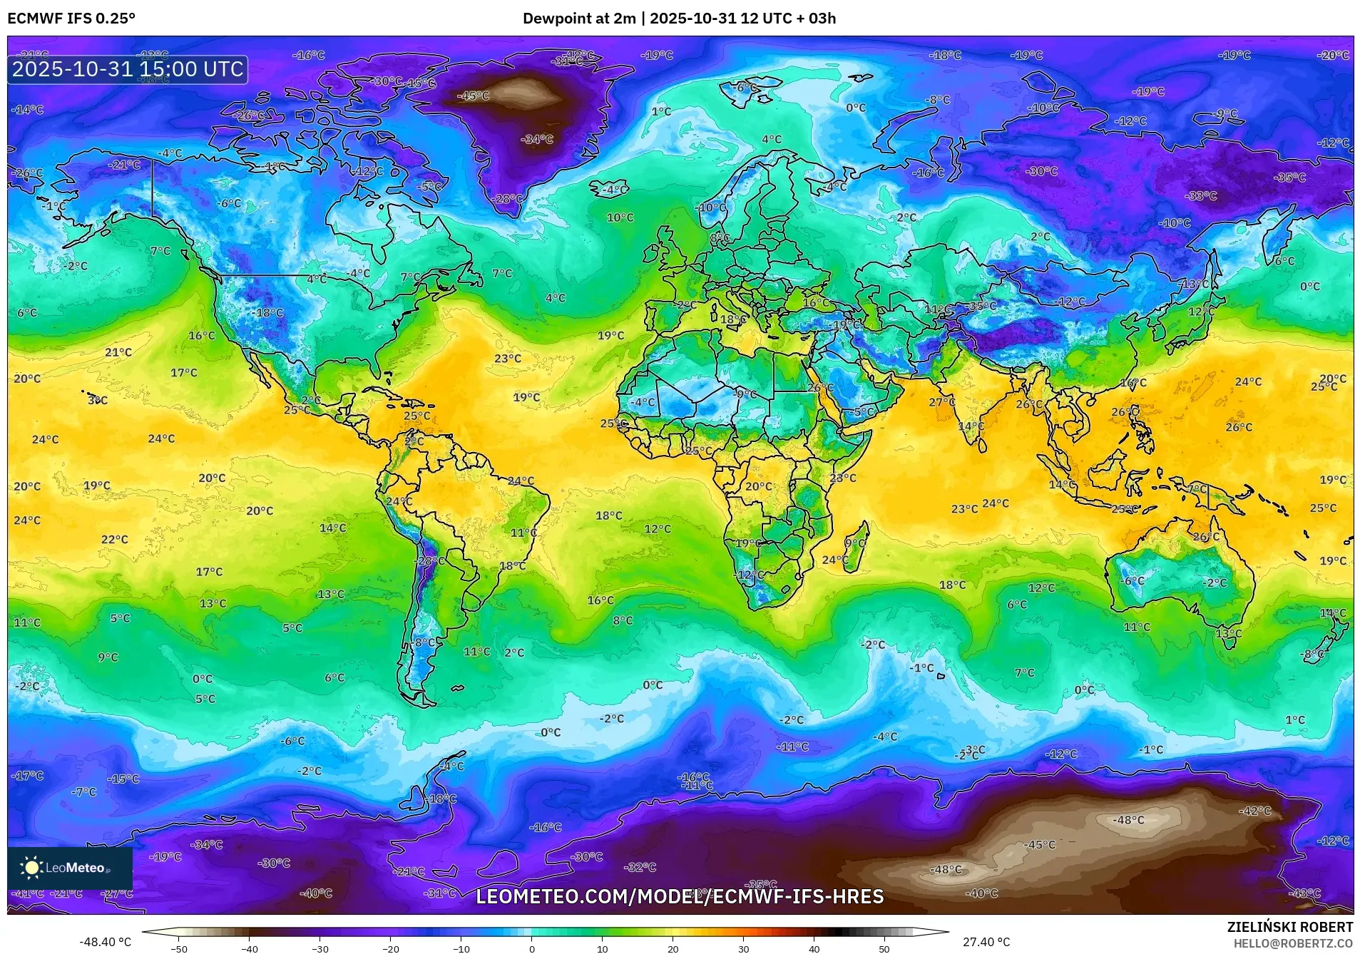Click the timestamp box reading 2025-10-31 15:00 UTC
(128, 70)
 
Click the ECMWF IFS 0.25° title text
(71, 19)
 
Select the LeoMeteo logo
(70, 868)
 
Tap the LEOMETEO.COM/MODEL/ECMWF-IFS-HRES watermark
(680, 896)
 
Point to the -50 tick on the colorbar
(180, 949)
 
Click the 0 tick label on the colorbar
(532, 949)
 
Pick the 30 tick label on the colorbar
(744, 949)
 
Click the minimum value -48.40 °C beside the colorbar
(106, 942)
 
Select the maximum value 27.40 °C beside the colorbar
(986, 942)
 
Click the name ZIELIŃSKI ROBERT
(1289, 927)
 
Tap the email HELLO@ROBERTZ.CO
(1293, 943)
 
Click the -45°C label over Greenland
(474, 96)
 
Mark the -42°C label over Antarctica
(1255, 811)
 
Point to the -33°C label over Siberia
(1202, 195)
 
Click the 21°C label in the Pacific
(118, 352)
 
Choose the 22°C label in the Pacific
(115, 540)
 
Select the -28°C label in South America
(431, 561)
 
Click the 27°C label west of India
(942, 403)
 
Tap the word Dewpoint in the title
(553, 19)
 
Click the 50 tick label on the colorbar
(884, 949)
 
